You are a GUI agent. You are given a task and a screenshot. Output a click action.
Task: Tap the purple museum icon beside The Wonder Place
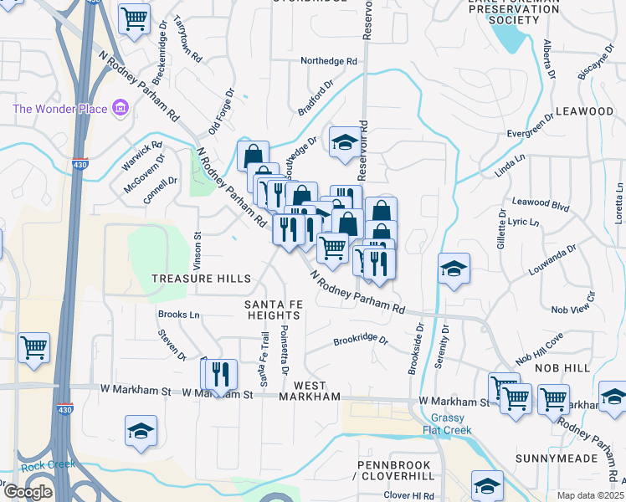pos(120,109)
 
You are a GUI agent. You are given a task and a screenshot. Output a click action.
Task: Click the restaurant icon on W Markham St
pos(220,375)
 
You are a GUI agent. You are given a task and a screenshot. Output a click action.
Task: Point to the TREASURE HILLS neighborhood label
pos(200,279)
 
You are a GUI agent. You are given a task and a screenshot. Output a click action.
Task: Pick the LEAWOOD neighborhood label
pos(584,111)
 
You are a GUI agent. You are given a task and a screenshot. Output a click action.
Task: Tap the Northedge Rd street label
pos(329,61)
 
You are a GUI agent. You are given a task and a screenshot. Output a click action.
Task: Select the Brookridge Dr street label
pos(361,341)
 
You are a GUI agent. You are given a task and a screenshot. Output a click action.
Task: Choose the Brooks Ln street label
pos(179,315)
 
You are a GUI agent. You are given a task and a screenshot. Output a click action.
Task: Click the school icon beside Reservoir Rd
pos(344,141)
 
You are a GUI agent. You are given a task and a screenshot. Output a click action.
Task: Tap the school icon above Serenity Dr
pos(454,269)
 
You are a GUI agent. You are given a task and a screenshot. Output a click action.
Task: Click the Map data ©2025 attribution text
pos(591,495)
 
